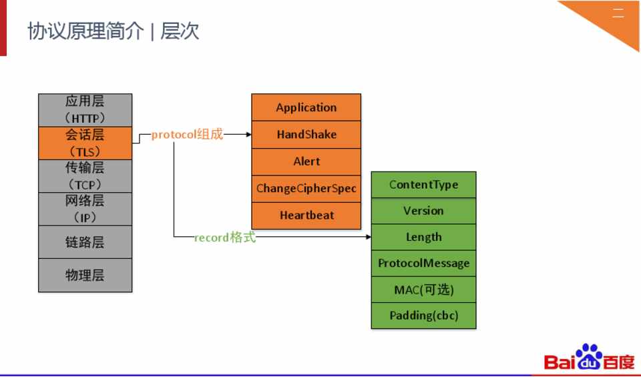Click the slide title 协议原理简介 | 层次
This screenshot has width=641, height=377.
[114, 31]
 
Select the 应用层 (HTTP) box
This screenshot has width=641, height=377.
[85, 109]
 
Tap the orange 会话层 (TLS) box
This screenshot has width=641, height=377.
[85, 143]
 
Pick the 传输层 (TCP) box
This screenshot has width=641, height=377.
[85, 175]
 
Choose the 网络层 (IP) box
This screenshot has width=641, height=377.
[85, 209]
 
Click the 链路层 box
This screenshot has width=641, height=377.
[85, 242]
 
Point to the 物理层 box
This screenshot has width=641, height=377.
[85, 275]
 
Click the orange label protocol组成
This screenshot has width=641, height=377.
[187, 135]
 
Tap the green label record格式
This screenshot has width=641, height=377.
[225, 238]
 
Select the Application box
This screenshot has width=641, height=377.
[306, 107]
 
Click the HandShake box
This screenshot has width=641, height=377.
[306, 134]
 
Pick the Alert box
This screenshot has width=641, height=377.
[306, 161]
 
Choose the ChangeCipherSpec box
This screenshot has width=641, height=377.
[306, 188]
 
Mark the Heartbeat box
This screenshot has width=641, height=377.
[306, 215]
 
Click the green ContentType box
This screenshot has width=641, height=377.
[423, 185]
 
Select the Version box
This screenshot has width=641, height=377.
[423, 211]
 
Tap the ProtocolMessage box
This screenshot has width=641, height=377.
[423, 263]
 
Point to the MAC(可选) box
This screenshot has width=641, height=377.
[423, 290]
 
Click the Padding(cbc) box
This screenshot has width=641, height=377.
[423, 316]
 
